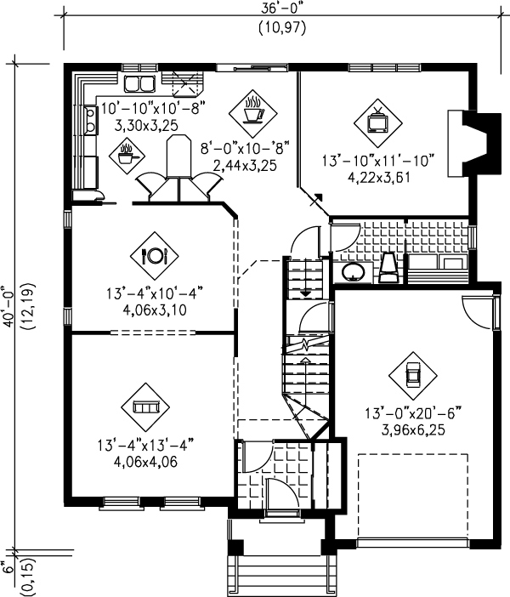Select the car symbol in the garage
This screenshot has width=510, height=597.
pos(413,375)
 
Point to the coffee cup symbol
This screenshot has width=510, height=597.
pos(253,109)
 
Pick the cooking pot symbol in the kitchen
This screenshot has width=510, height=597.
pos(127,155)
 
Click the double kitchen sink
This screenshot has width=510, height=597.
pos(139,83)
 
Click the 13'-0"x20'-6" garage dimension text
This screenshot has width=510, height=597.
pos(413,414)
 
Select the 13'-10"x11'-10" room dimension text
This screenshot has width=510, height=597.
pos(378,159)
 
